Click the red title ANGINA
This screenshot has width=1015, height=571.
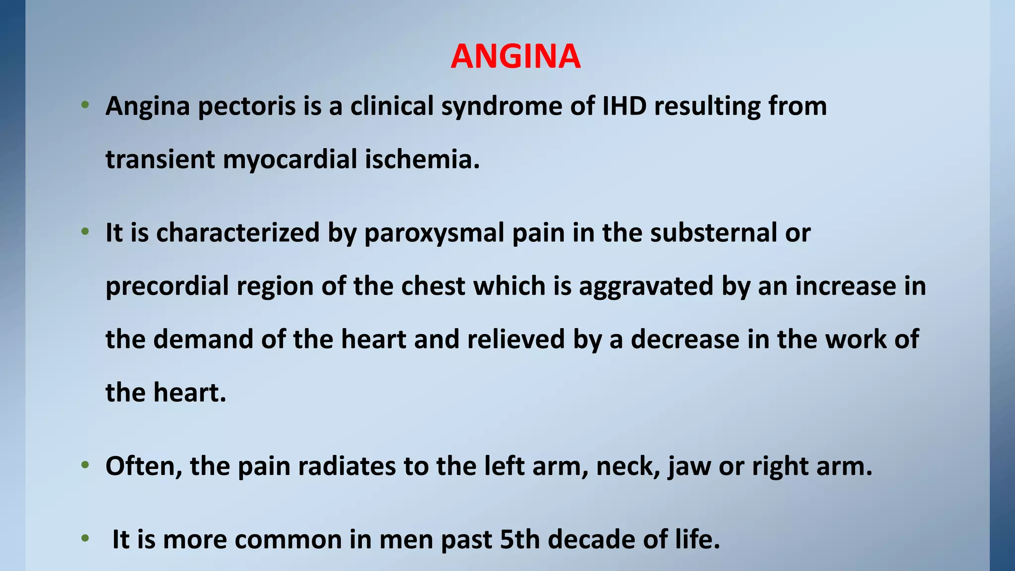tap(515, 57)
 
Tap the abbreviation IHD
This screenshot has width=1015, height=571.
tap(624, 106)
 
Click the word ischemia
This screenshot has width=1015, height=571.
tap(422, 160)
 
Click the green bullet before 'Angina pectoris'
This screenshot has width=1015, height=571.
tap(85, 105)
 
